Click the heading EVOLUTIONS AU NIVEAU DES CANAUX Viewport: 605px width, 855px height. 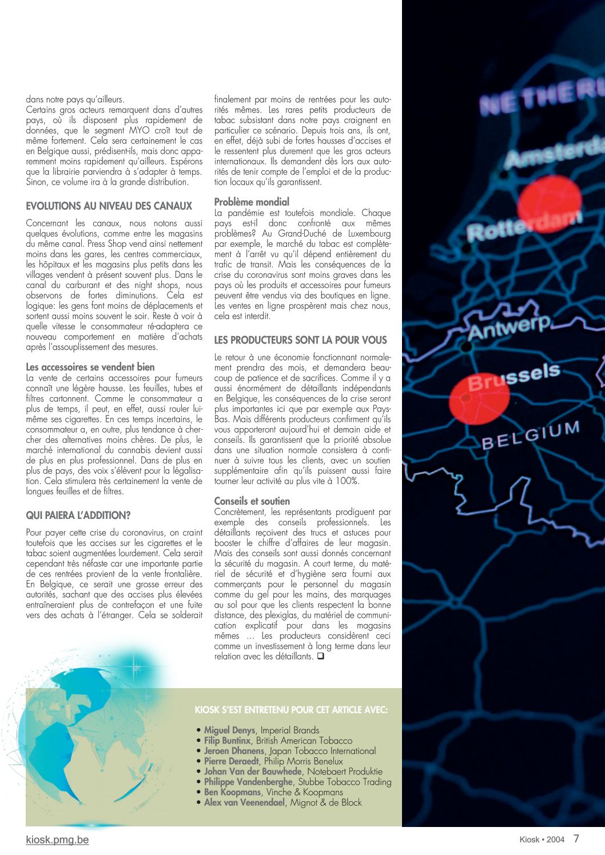[109, 206]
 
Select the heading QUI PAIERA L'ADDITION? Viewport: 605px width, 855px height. [78, 516]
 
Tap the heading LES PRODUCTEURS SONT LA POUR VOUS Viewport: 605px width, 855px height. [300, 340]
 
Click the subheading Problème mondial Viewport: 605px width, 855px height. [252, 202]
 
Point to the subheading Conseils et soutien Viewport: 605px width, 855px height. [252, 501]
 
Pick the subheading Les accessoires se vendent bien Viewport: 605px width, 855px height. [90, 367]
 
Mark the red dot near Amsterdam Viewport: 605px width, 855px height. [549, 201]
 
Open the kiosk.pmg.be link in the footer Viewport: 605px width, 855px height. [57, 840]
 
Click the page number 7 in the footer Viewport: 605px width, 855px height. [576, 838]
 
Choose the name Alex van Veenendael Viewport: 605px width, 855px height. [244, 802]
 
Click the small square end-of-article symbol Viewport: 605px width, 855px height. [321, 657]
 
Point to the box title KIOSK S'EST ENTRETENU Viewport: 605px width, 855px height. [291, 710]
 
